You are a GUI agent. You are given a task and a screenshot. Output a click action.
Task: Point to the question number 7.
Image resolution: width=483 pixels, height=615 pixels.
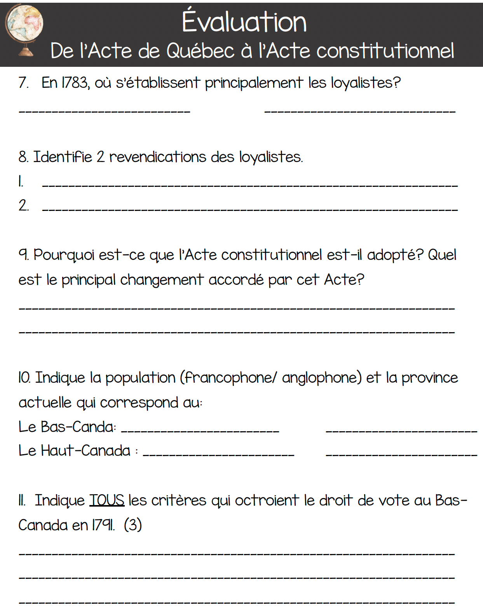click(23, 83)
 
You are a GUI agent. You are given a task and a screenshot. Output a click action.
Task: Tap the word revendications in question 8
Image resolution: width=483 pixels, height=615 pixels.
click(158, 157)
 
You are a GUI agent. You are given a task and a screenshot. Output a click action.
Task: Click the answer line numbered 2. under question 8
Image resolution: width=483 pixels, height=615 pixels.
click(249, 209)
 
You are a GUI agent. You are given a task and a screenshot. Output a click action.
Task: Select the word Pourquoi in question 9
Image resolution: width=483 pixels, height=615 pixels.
click(64, 255)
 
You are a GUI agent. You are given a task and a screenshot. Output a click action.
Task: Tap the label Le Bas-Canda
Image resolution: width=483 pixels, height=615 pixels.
click(67, 427)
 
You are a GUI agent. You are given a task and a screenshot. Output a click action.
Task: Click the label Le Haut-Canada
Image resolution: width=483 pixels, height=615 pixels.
click(75, 451)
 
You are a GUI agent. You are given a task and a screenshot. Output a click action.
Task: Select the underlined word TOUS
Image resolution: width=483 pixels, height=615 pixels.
click(107, 500)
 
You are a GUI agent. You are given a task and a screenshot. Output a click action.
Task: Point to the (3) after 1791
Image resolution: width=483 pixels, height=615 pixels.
click(133, 525)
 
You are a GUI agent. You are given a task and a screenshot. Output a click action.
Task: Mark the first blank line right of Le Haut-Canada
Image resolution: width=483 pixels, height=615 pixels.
click(218, 454)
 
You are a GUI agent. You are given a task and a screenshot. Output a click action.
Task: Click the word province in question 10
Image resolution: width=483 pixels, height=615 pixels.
click(429, 378)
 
